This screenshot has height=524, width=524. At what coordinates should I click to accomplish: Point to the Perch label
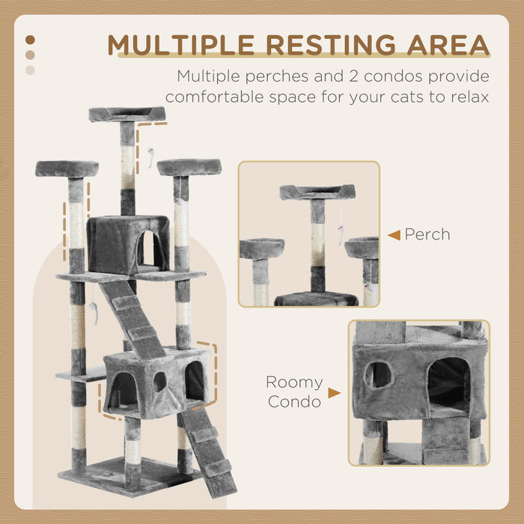tap(427, 235)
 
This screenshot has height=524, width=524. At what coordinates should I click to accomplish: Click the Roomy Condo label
tap(294, 392)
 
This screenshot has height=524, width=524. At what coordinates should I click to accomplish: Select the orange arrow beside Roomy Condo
tap(334, 392)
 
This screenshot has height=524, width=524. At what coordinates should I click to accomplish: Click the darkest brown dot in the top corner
tap(30, 40)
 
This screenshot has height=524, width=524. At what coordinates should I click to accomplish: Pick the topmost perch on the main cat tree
tap(127, 114)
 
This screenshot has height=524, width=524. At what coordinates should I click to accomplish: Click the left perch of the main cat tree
tap(67, 168)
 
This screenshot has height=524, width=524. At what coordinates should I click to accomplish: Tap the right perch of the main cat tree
tap(189, 166)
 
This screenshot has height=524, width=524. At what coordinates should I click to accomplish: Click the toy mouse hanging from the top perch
tap(150, 158)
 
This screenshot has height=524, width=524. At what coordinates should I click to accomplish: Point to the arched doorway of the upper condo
tap(148, 249)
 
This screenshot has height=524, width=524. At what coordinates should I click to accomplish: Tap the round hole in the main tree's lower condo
tap(159, 382)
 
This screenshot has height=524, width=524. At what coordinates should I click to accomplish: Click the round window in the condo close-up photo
tap(379, 374)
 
